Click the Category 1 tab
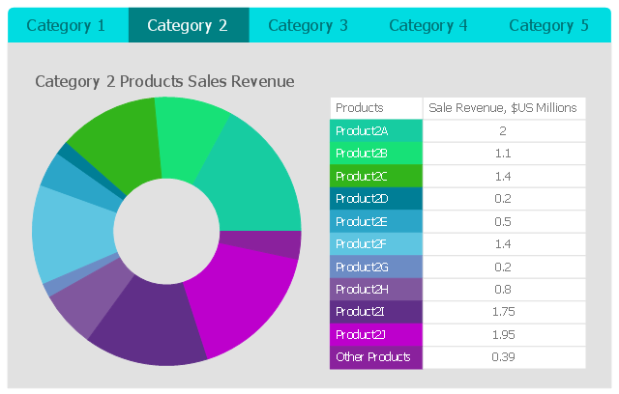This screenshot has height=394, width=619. click(x=66, y=25)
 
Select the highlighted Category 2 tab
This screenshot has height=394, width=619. click(x=188, y=25)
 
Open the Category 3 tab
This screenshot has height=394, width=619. click(x=308, y=25)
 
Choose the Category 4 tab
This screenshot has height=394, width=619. click(x=428, y=25)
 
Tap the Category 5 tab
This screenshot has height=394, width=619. click(x=548, y=25)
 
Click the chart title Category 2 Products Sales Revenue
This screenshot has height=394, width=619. click(x=164, y=81)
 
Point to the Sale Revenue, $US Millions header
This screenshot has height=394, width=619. click(x=503, y=108)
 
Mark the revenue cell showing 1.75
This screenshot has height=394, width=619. click(x=503, y=312)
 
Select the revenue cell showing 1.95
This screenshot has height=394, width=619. click(x=503, y=334)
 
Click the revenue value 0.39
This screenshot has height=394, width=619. click(x=503, y=357)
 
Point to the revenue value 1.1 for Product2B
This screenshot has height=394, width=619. click(x=503, y=154)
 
